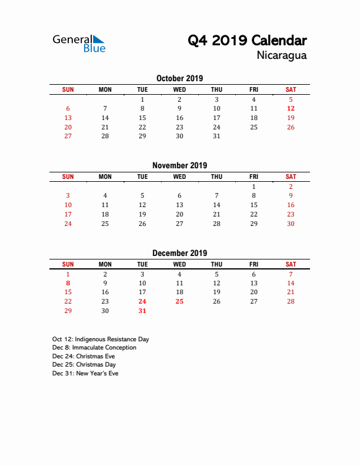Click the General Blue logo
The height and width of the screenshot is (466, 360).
[x=79, y=44]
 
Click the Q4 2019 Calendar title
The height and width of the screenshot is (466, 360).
[x=247, y=41]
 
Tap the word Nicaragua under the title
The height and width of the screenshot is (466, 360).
[x=281, y=56]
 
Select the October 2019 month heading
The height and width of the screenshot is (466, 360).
[x=179, y=78]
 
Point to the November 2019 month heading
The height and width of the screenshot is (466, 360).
[x=179, y=165]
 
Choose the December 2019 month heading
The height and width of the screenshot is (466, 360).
[x=179, y=253]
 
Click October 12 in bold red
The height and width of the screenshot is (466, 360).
[x=291, y=108]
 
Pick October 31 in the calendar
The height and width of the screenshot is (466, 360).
[x=216, y=136]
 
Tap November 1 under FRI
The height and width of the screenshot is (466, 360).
[x=254, y=187]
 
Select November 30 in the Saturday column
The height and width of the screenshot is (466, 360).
[x=291, y=224]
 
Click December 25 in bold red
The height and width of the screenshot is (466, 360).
[x=179, y=302]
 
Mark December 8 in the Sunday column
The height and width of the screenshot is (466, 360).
[x=68, y=283]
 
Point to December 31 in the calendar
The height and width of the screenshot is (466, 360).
[x=142, y=311]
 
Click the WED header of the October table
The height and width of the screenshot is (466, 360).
[x=179, y=89]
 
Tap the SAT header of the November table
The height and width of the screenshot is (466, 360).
[x=291, y=177]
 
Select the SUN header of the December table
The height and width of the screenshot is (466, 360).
[x=68, y=264]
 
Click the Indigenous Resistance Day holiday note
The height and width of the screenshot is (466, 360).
[x=101, y=339]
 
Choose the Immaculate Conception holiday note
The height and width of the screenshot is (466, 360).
[x=94, y=348]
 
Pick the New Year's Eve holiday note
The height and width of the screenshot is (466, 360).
[x=85, y=374]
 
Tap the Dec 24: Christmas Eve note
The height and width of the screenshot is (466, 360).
[x=84, y=356]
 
